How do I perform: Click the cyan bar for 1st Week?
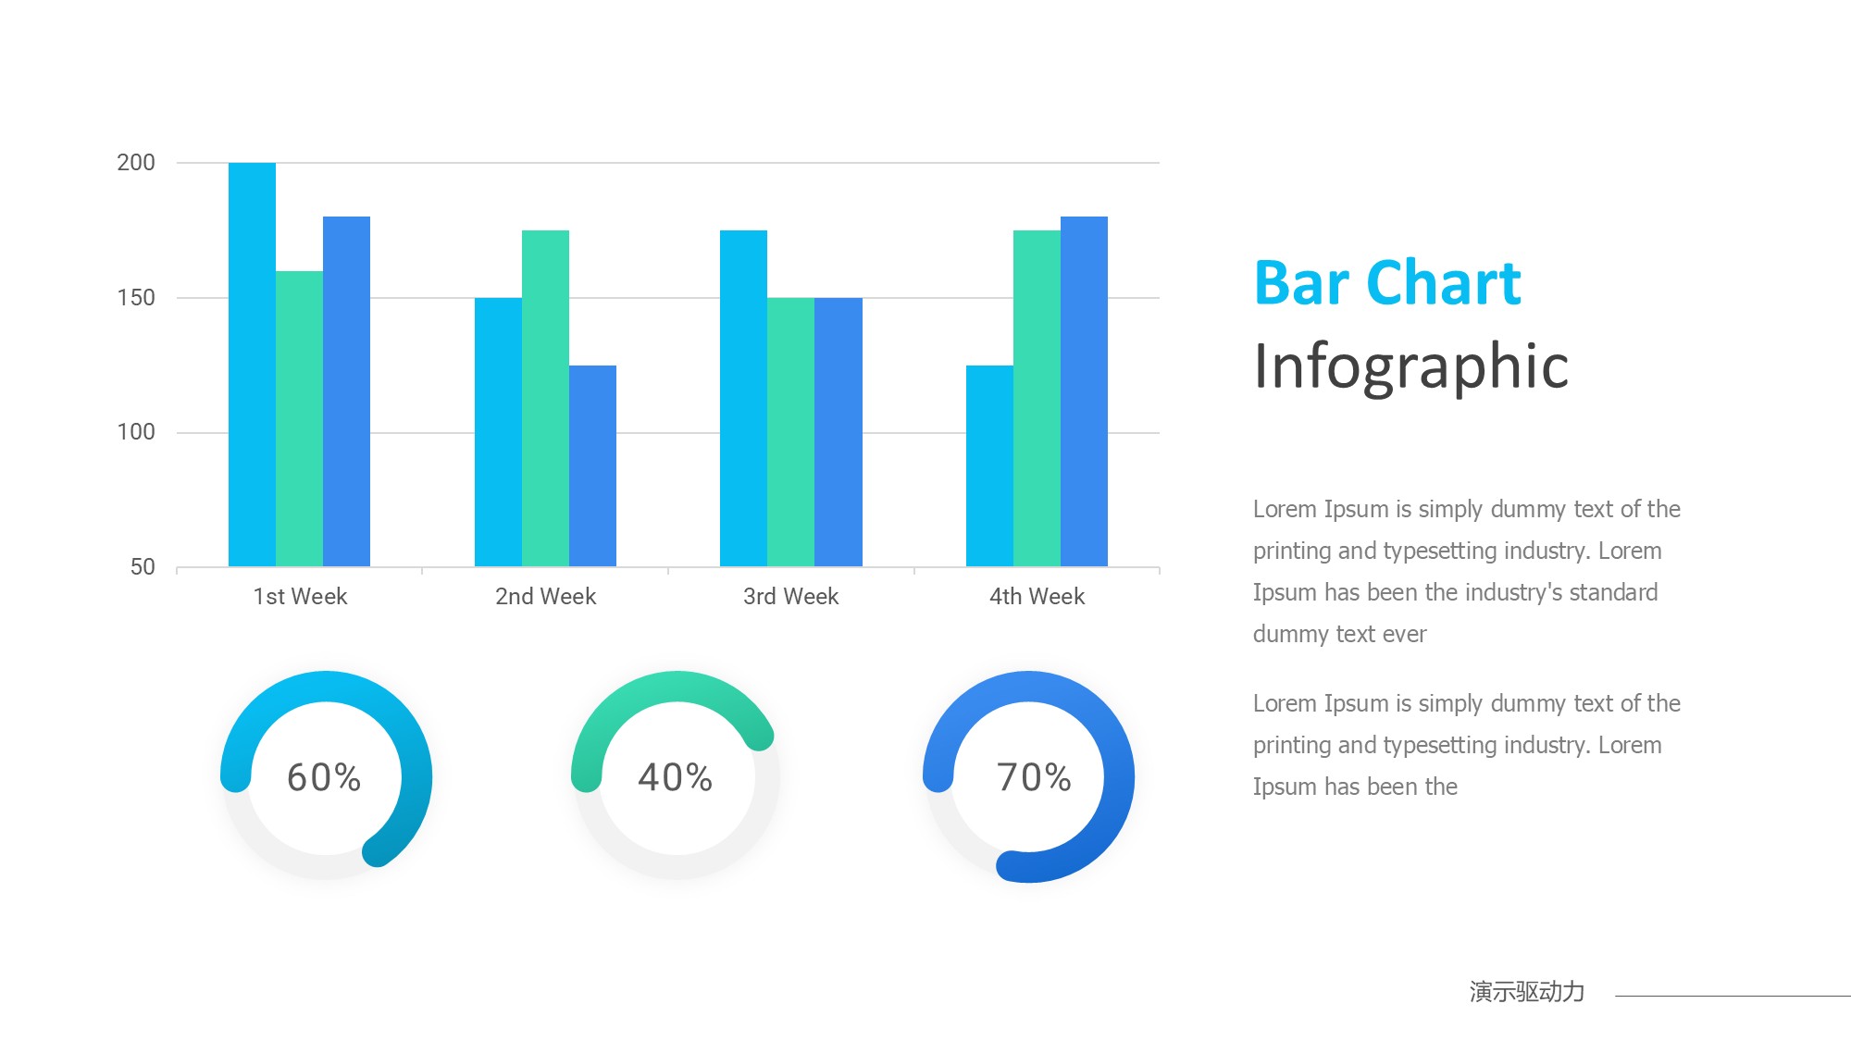click(x=252, y=365)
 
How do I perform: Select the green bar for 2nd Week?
click(x=545, y=398)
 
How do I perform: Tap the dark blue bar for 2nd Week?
click(x=592, y=465)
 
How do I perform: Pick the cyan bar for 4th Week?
click(x=989, y=465)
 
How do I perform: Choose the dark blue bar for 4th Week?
click(x=1084, y=391)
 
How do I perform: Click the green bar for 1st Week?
click(x=299, y=418)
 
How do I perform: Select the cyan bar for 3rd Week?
click(x=743, y=398)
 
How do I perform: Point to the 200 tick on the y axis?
click(x=136, y=163)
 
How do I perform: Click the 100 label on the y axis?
click(x=136, y=432)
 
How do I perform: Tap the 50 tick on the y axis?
click(x=143, y=567)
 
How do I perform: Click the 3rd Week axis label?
click(x=790, y=597)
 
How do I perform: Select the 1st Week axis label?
click(x=300, y=597)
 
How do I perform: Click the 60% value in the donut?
click(x=324, y=777)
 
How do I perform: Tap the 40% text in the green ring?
click(x=676, y=777)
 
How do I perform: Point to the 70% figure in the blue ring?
click(x=1034, y=777)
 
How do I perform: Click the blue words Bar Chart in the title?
click(x=1387, y=282)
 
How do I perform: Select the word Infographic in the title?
click(x=1411, y=366)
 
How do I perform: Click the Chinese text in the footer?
click(x=1527, y=992)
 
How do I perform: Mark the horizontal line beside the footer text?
click(x=1733, y=996)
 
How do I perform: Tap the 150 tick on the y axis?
click(x=136, y=298)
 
